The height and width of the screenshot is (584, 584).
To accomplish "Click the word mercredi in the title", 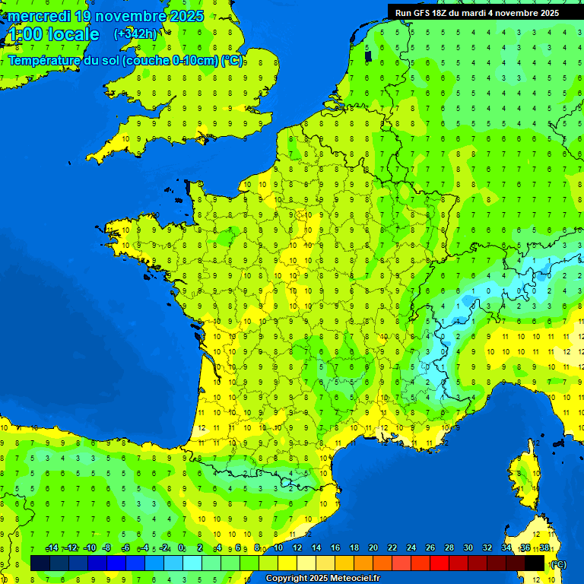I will click(36, 16).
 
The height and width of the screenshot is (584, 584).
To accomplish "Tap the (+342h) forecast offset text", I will click(135, 34).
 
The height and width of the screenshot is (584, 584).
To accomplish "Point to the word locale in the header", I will click(73, 34).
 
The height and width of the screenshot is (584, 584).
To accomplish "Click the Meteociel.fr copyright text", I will click(322, 579).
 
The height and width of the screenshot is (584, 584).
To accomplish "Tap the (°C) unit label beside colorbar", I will click(557, 564).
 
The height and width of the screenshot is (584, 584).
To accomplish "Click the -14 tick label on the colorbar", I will click(52, 547).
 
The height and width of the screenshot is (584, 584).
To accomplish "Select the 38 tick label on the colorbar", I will click(544, 547).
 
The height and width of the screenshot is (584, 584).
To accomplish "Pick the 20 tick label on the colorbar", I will click(373, 547).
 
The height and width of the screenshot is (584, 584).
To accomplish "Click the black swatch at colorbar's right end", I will click(535, 563).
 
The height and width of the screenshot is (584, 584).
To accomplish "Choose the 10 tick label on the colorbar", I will click(278, 547).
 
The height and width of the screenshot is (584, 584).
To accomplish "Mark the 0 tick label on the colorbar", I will click(182, 547).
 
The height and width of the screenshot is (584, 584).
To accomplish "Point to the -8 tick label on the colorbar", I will click(107, 547).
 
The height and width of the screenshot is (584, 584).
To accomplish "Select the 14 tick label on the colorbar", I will click(316, 547).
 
